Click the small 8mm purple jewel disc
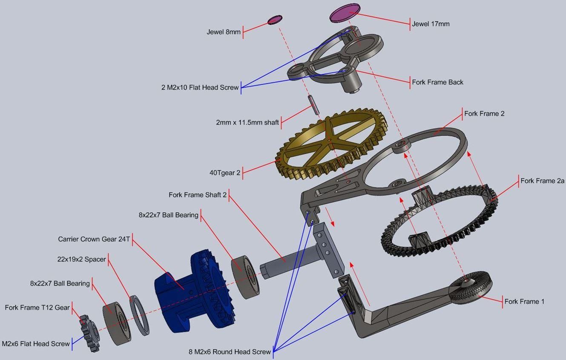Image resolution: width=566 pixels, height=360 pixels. click(x=275, y=20)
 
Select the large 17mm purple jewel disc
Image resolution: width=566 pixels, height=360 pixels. click(x=345, y=13)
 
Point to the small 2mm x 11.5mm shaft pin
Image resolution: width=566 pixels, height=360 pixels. click(x=313, y=104)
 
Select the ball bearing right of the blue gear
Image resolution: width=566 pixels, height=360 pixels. click(x=245, y=277)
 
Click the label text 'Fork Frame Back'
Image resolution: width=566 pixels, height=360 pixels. click(x=437, y=82)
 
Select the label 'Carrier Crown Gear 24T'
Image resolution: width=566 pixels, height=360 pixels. click(x=94, y=239)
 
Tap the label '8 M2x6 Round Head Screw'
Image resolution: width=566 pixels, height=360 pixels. click(x=230, y=352)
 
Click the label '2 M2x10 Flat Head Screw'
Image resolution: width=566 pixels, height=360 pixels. click(x=200, y=87)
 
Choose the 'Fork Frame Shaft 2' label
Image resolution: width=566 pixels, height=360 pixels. click(x=198, y=195)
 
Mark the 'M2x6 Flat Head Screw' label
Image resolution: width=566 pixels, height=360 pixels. click(x=36, y=343)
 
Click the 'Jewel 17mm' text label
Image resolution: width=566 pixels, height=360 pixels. click(x=431, y=24)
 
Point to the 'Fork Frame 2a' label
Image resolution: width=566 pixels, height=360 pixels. click(x=542, y=181)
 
